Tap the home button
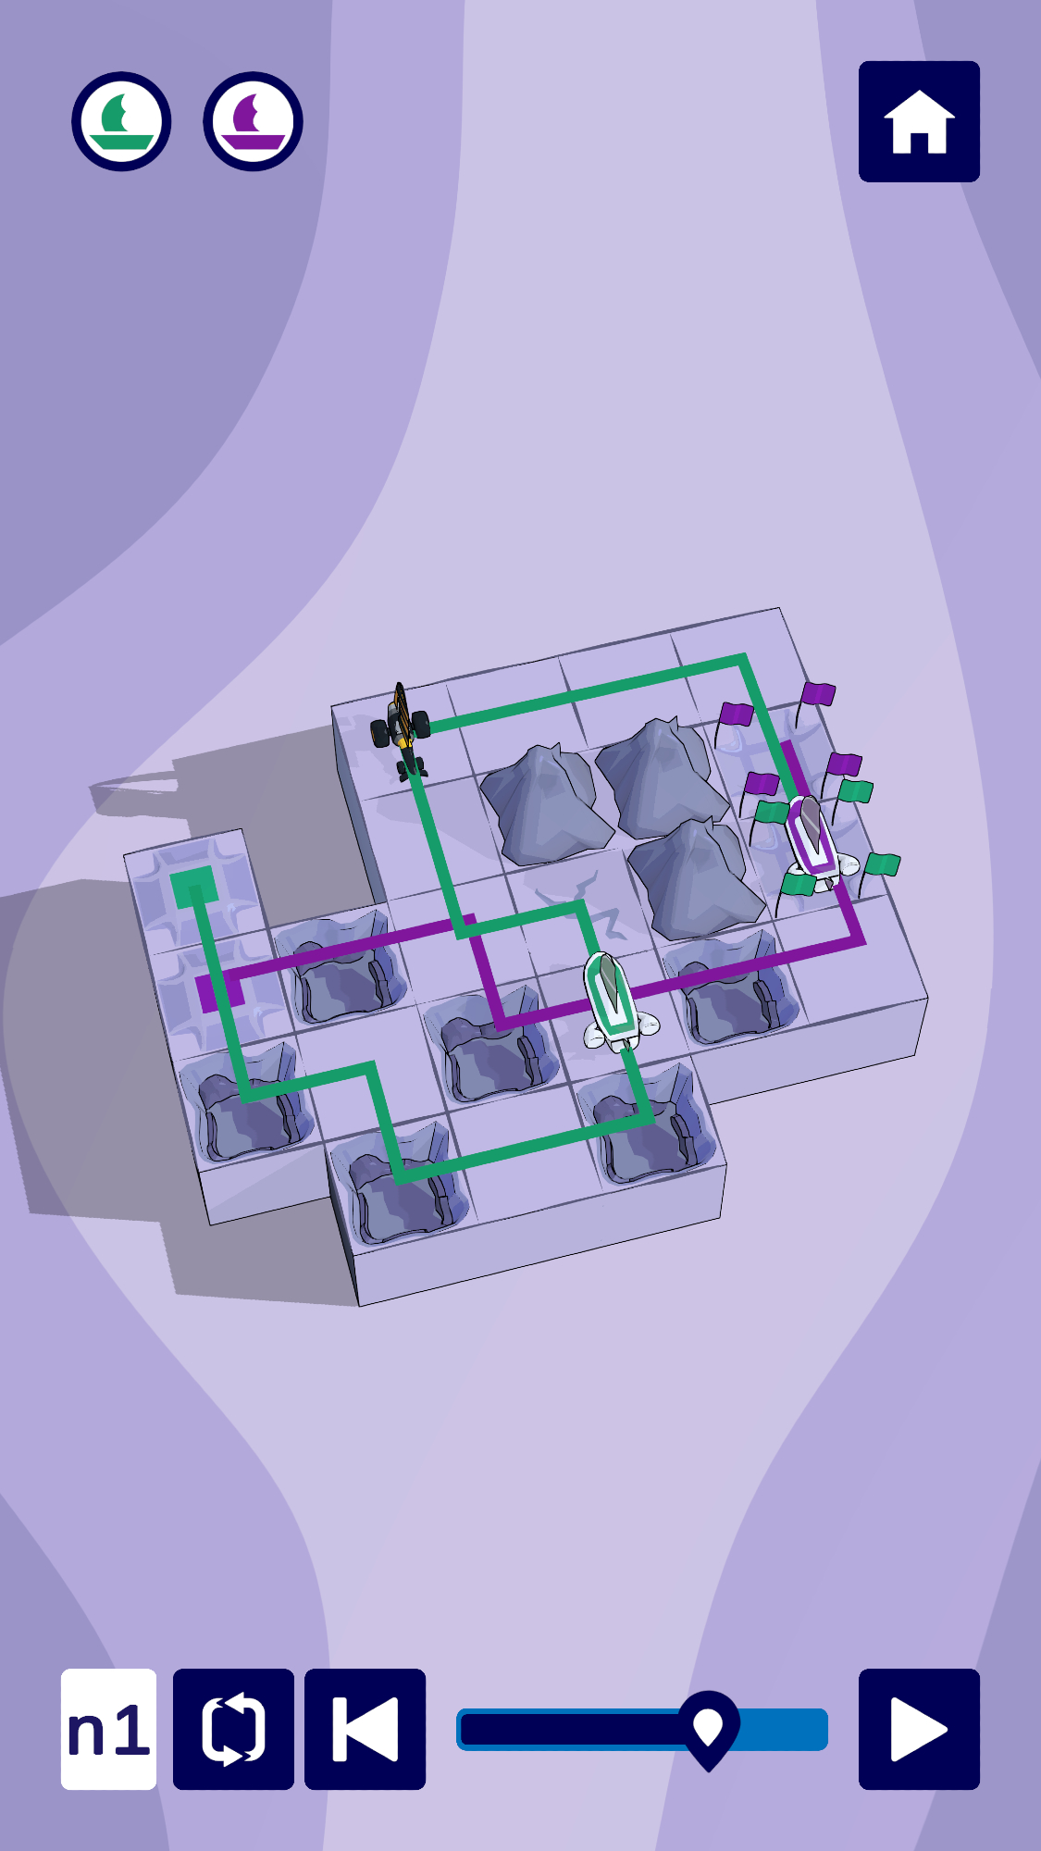pos(919,121)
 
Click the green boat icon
pos(121,121)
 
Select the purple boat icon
pos(253,121)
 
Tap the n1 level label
pos(108,1729)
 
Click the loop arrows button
pos(233,1729)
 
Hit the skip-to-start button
pos(365,1729)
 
